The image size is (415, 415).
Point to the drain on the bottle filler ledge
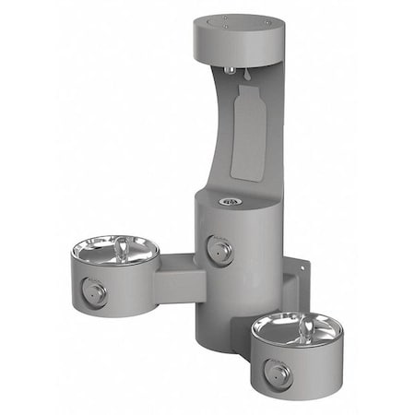coord(231,201)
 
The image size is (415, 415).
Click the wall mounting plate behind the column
coord(296,281)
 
